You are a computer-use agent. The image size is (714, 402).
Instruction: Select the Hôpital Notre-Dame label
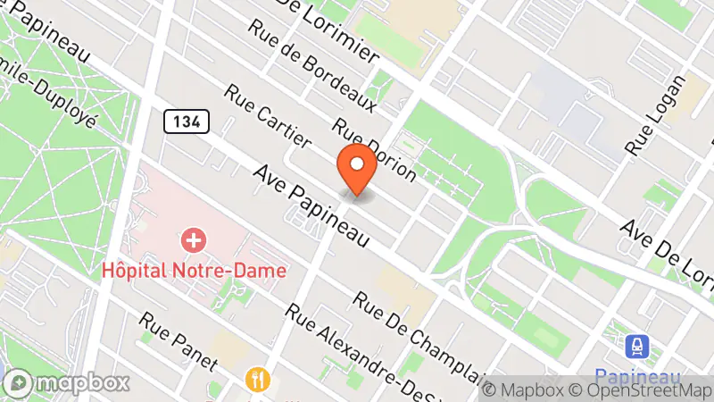[x=194, y=269]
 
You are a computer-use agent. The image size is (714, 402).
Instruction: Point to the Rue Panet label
[x=178, y=340]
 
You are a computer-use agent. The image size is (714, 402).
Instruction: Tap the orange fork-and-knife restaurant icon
[x=258, y=380]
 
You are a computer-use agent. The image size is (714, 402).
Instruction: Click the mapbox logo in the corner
[x=67, y=383]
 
